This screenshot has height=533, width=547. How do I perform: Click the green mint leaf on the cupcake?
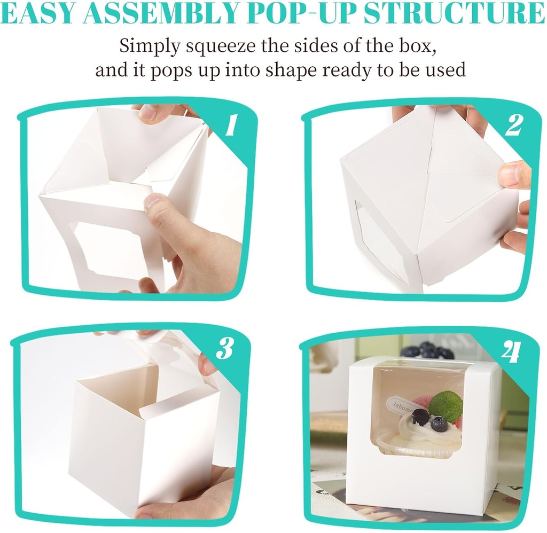(x=446, y=406)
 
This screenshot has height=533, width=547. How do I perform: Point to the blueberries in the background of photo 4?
(x=427, y=350)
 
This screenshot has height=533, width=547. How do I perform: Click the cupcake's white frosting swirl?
(x=422, y=435)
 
